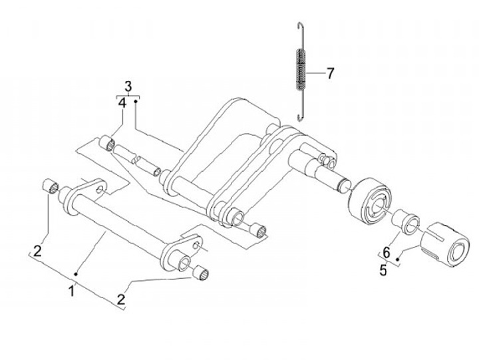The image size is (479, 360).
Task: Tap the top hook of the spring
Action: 299,27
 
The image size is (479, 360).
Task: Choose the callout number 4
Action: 122,104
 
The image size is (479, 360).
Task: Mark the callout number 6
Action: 387,252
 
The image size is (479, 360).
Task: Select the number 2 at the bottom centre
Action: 121,300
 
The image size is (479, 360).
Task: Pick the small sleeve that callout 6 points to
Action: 405,221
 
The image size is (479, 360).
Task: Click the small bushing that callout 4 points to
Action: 106,143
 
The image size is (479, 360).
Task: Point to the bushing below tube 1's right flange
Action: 202,273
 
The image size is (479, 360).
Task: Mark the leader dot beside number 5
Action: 398,258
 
